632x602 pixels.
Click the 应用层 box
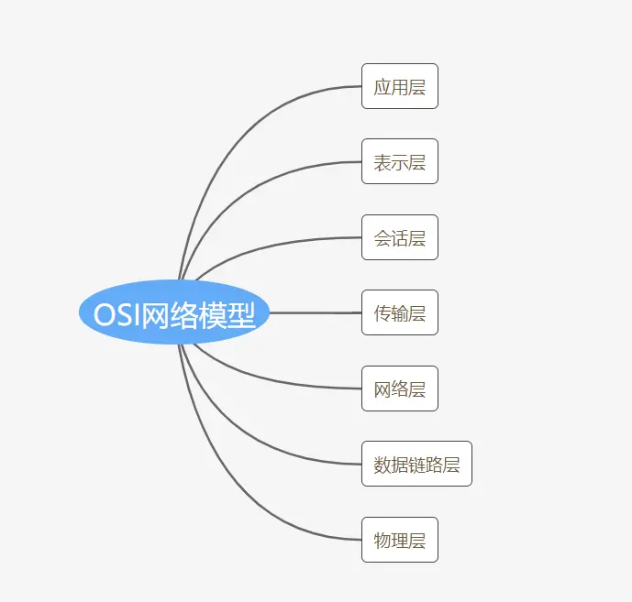click(399, 87)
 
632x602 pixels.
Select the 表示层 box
click(399, 162)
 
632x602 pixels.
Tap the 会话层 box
click(399, 238)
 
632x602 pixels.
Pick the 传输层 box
click(399, 313)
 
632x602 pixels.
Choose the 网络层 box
click(399, 389)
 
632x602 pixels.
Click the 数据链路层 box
click(416, 465)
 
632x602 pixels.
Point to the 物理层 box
click(399, 540)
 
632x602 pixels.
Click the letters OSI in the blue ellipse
click(116, 314)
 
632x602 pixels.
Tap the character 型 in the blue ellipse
click(240, 314)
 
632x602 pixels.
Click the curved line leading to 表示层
click(275, 177)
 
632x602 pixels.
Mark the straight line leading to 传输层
click(316, 312)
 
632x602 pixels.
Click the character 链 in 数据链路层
click(416, 465)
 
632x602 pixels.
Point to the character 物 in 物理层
click(383, 540)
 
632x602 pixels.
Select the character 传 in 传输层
click(383, 313)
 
